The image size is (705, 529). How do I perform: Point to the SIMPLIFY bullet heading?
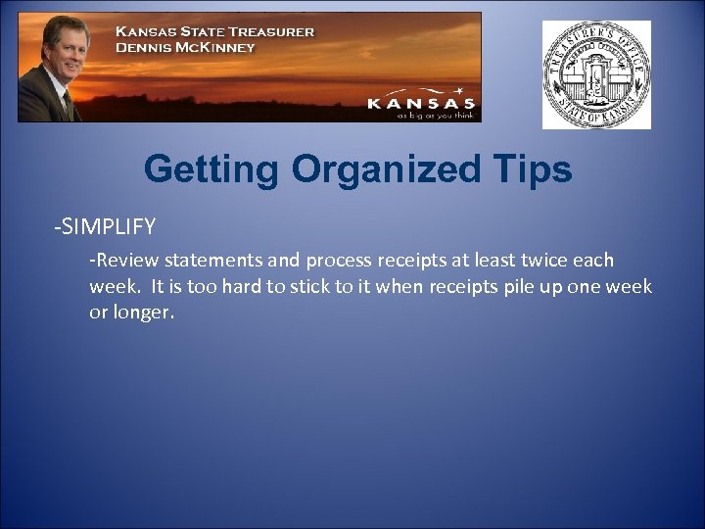click(x=105, y=227)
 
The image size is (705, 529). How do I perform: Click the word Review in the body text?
click(x=126, y=261)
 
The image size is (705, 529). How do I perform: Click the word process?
click(x=340, y=261)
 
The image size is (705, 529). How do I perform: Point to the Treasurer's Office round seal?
click(x=596, y=75)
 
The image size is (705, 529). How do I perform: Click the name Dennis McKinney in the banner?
click(x=185, y=46)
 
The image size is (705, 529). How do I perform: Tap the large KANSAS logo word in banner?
click(x=421, y=103)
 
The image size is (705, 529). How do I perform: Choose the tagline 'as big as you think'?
click(x=435, y=115)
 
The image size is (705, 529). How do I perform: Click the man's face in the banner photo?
click(x=66, y=44)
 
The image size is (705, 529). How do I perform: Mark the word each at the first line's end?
click(x=592, y=261)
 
